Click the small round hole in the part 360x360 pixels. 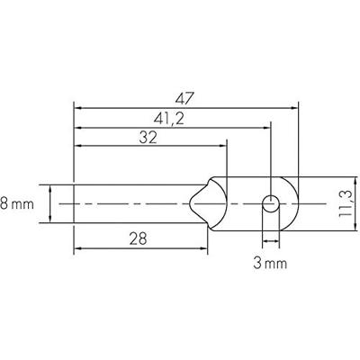click(269, 203)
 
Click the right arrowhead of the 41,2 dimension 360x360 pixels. click(265, 127)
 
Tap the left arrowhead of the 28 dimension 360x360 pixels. click(78, 249)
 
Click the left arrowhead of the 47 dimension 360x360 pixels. click(78, 105)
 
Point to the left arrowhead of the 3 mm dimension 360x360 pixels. click(265, 243)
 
